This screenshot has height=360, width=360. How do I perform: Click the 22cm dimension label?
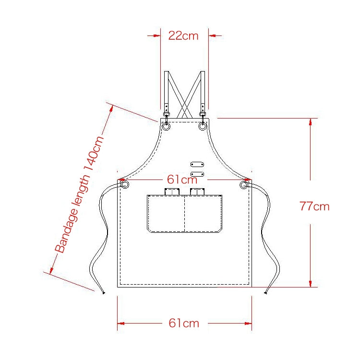coord(183,36)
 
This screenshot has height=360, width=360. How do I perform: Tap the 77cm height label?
coord(314,206)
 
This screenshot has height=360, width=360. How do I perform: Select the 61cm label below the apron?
coord(184,323)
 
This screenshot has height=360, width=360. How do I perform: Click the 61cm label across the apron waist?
coord(182,180)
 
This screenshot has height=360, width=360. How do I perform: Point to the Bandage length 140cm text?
coord(79,194)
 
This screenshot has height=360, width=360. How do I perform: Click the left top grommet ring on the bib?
coord(166,126)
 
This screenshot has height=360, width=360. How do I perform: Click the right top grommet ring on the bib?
coord(203,126)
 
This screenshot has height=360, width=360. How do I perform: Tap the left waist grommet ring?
coord(124,185)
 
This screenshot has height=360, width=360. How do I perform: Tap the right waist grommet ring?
coord(244,185)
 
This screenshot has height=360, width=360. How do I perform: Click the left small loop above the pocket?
coord(171,192)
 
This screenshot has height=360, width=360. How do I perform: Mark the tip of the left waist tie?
coord(104,293)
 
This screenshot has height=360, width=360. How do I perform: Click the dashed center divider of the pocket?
coord(185,214)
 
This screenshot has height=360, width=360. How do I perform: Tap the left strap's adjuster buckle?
coord(166,114)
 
